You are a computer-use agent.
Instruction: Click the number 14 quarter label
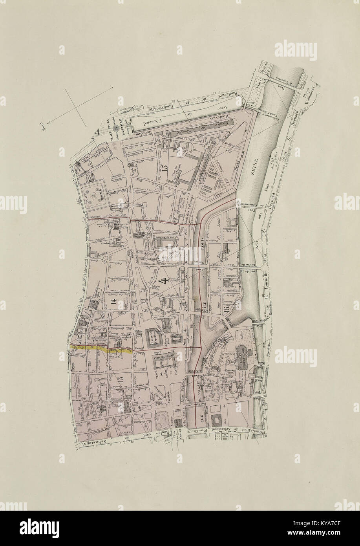[114, 302]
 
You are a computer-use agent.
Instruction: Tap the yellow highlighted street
[100, 349]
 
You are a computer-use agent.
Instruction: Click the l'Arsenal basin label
[151, 121]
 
